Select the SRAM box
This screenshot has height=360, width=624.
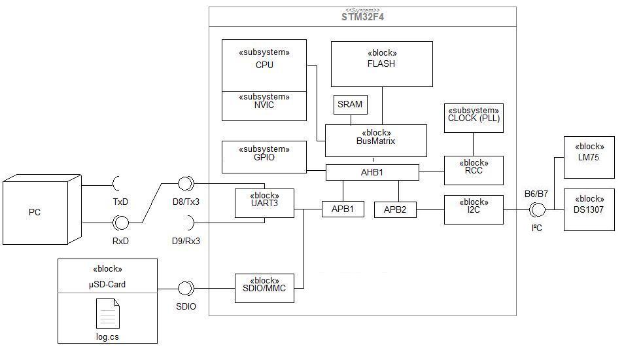coord(350,105)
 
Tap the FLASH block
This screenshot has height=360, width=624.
coord(381,64)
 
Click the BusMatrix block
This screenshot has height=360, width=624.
coord(376,141)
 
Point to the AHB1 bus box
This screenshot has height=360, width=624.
coord(372,172)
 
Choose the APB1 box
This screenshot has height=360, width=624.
coord(343,209)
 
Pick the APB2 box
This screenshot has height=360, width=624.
coord(395,209)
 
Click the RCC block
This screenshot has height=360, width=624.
coord(474,170)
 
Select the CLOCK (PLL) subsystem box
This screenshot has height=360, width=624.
coord(474,118)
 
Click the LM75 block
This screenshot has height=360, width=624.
coord(589,157)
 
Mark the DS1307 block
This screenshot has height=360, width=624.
coord(589,209)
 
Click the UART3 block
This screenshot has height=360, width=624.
coord(264,203)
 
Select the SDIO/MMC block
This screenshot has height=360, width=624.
coord(264,288)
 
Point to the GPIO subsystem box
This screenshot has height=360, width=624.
coord(264,157)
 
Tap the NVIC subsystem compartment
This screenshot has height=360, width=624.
coord(264,106)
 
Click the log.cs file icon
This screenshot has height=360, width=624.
coord(107,314)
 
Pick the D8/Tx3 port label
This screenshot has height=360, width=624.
coord(186,202)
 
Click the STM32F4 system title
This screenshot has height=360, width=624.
coord(362,17)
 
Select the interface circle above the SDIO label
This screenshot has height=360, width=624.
coord(186,288)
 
